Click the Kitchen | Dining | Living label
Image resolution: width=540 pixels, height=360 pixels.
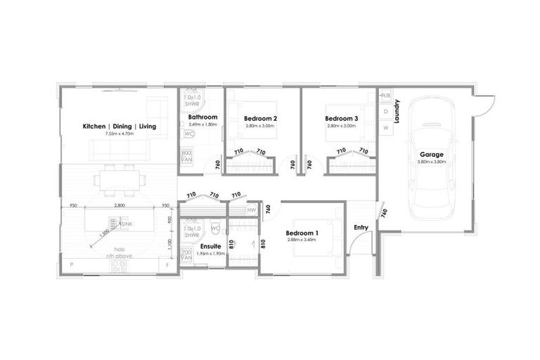pyautogui.click(x=120, y=127)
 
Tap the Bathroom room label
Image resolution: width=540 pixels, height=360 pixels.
pyautogui.click(x=202, y=117)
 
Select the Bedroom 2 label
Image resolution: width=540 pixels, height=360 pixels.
pyautogui.click(x=260, y=119)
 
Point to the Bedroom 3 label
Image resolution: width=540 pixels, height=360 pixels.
pyautogui.click(x=342, y=119)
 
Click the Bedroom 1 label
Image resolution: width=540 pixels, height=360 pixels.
pyautogui.click(x=303, y=233)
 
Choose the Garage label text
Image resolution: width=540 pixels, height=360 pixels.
pyautogui.click(x=431, y=154)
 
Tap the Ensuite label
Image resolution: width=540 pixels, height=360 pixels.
pyautogui.click(x=211, y=246)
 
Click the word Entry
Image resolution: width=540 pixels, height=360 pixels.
pyautogui.click(x=361, y=227)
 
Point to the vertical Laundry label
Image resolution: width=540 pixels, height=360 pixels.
pyautogui.click(x=397, y=111)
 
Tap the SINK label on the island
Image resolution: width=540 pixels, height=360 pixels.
pyautogui.click(x=127, y=224)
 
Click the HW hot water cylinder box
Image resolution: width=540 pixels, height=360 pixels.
pyautogui.click(x=252, y=210)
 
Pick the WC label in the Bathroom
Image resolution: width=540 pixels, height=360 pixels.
pyautogui.click(x=189, y=134)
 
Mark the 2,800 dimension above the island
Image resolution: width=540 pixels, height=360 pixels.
pyautogui.click(x=119, y=205)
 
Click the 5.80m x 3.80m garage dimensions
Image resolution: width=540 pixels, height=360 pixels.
pyautogui.click(x=431, y=162)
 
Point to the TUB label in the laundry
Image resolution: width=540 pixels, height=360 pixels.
pyautogui.click(x=385, y=94)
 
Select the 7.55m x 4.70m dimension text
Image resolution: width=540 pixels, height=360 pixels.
pyautogui.click(x=120, y=134)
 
